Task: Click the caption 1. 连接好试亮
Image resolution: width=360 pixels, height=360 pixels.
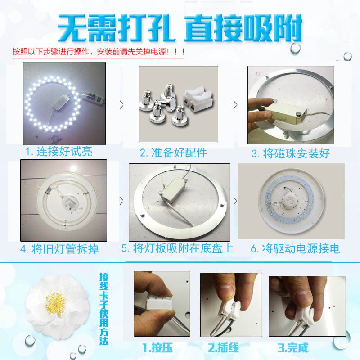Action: point(59,152)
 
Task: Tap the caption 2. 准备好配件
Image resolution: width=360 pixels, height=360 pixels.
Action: point(173,153)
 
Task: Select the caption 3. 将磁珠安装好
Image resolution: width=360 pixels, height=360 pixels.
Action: point(291,153)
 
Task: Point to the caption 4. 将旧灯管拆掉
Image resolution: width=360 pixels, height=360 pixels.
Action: point(60,249)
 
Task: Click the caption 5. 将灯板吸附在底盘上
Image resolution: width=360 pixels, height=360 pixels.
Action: point(177,248)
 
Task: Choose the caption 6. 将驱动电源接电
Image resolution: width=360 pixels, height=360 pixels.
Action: point(295,249)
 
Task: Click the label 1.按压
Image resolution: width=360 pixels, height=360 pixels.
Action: point(157,347)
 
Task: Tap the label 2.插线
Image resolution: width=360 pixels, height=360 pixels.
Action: point(223,347)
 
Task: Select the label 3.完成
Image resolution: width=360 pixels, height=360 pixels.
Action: point(293,347)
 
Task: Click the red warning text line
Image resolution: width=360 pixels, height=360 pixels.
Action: point(99,52)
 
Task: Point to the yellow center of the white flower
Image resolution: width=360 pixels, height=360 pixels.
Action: point(56,304)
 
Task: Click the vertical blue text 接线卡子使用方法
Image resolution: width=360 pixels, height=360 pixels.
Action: point(104,309)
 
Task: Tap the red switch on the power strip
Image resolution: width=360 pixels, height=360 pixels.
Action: point(99,100)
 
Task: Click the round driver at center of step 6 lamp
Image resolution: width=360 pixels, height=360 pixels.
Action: point(291,200)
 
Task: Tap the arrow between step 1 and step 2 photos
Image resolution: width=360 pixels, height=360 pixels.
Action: point(121,105)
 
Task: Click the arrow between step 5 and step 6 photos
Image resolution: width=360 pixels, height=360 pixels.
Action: point(235,201)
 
